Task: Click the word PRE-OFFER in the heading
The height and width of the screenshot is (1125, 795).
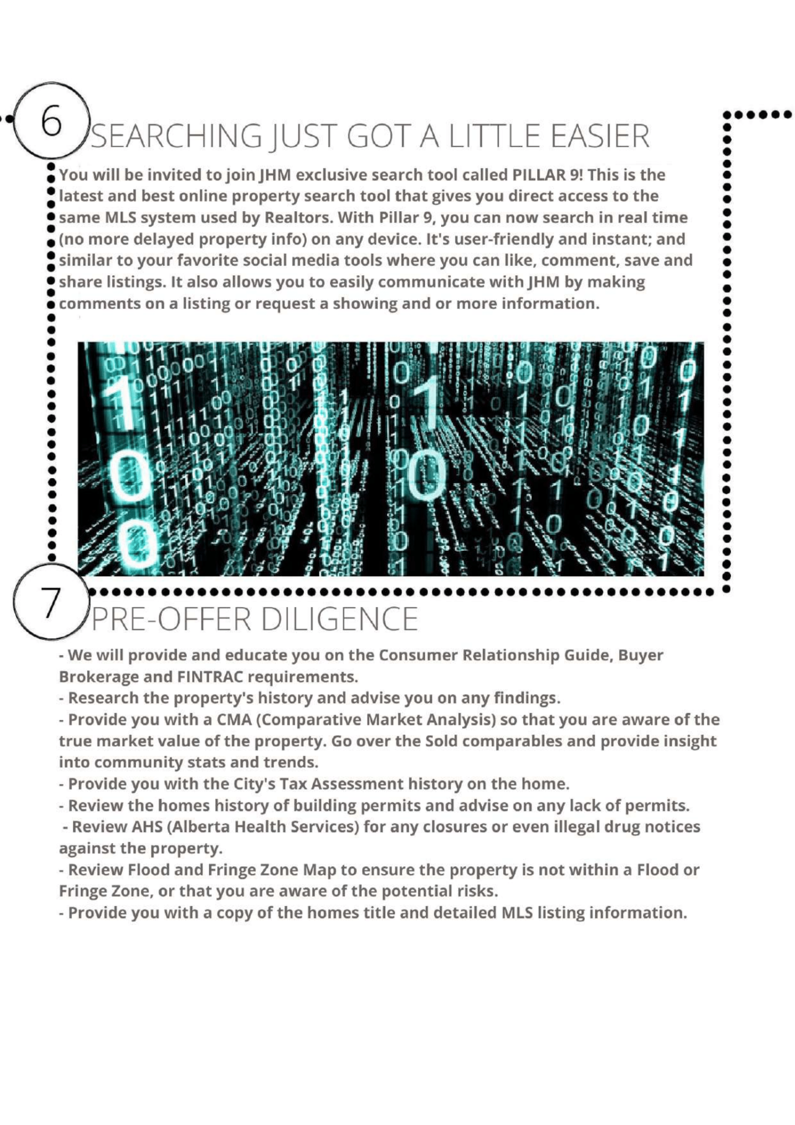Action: point(171,619)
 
